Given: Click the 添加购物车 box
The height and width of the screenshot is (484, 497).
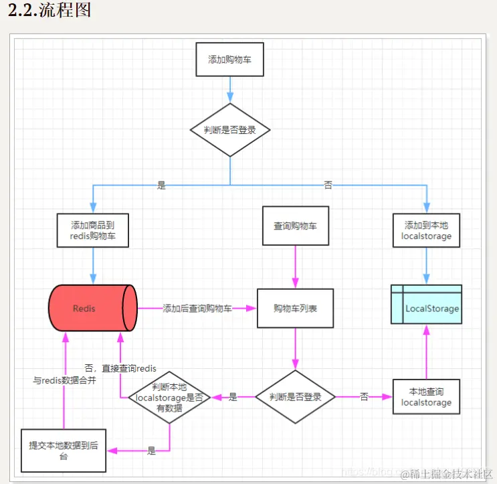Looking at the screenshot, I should (x=229, y=59).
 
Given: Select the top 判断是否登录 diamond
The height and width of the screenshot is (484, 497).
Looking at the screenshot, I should (x=230, y=130).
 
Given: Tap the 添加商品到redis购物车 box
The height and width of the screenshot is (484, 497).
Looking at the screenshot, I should (x=93, y=230).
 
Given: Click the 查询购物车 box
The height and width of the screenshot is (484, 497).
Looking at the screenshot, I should (x=295, y=226).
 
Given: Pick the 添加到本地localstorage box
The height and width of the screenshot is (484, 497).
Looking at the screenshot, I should (x=426, y=230).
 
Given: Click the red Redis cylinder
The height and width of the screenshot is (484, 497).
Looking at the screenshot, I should (x=93, y=308).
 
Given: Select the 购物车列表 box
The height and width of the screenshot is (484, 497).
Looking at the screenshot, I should (x=295, y=309).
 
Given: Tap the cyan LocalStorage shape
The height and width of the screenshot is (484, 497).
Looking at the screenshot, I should (x=426, y=305).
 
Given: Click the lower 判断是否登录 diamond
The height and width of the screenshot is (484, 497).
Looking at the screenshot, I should (x=295, y=397).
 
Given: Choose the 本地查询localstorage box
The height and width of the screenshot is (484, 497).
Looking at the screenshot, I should (x=426, y=396).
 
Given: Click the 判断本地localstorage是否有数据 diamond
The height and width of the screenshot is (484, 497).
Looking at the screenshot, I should (x=169, y=397).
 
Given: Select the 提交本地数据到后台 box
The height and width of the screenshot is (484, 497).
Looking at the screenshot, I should (x=64, y=451).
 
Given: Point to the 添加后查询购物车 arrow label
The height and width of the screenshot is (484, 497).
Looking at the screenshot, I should (x=198, y=309).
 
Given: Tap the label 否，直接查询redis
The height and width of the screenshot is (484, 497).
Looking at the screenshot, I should (x=120, y=368).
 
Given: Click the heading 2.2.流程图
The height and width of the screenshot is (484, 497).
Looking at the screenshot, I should (x=49, y=11).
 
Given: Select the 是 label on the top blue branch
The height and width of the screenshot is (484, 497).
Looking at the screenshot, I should (x=161, y=185).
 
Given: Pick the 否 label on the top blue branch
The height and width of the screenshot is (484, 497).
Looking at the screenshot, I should (x=328, y=185).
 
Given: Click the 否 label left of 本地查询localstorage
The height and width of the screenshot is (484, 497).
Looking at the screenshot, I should (x=364, y=397).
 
